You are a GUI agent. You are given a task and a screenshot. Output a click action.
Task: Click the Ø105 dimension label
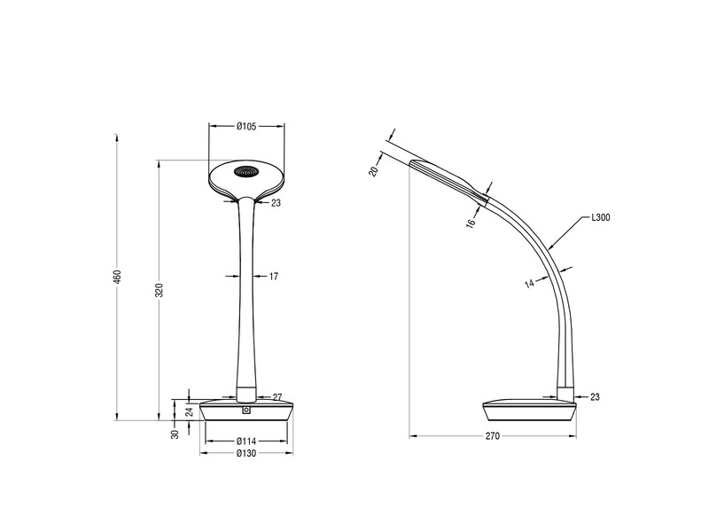pyautogui.click(x=246, y=127)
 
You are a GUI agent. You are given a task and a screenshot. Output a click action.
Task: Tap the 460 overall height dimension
pyautogui.click(x=116, y=277)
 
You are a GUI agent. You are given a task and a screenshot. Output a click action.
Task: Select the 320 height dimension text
pyautogui.click(x=160, y=290)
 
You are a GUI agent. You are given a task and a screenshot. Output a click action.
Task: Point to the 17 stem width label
pyautogui.click(x=274, y=277)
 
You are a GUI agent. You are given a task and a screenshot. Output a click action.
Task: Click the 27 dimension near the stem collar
pyautogui.click(x=277, y=396)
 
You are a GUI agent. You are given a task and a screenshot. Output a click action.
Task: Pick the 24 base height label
pyautogui.click(x=190, y=411)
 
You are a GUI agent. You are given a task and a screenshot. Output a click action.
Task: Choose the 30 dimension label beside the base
pyautogui.click(x=175, y=433)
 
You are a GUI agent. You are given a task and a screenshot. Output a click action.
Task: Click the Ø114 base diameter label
pyautogui.click(x=246, y=441)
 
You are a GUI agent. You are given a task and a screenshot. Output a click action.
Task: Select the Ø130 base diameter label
pyautogui.click(x=246, y=454)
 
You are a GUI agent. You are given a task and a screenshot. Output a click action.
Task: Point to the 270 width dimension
pyautogui.click(x=493, y=436)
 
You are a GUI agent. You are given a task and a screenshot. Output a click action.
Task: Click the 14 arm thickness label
pyautogui.click(x=528, y=283)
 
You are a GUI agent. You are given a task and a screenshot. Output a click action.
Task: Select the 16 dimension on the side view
pyautogui.click(x=471, y=223)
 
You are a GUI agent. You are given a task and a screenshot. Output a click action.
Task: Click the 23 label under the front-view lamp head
pyautogui.click(x=276, y=203)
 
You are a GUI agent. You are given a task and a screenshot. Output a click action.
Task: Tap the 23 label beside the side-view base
pyautogui.click(x=594, y=396)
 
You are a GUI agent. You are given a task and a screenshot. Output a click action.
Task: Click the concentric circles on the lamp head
pyautogui.click(x=247, y=171)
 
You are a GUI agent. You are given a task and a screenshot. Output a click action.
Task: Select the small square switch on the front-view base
pyautogui.click(x=246, y=410)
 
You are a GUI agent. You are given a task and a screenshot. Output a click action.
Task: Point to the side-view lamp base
pyautogui.click(x=529, y=411)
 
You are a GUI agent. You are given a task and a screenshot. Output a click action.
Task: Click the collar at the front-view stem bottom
pyautogui.click(x=246, y=393)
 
